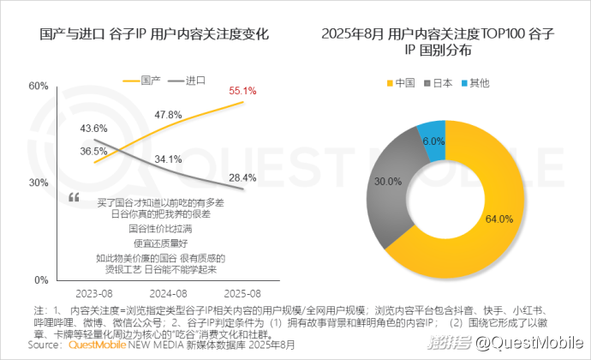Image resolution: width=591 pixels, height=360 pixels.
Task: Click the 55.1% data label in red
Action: point(242,90)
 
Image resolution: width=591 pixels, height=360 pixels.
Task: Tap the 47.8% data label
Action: point(168,114)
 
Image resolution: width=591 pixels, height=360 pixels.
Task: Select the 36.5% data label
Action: point(93,151)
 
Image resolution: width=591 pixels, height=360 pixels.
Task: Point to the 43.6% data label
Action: point(93,128)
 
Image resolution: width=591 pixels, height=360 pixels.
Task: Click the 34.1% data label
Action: point(168,159)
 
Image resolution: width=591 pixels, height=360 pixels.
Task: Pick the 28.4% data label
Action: point(242,177)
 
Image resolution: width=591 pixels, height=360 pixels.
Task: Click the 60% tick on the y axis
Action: point(39,86)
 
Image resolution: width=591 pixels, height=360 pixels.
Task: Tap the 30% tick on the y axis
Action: point(39,183)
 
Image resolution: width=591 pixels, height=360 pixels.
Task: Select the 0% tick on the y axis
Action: point(41,280)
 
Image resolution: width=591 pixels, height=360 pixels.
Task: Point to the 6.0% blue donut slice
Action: point(431,137)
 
